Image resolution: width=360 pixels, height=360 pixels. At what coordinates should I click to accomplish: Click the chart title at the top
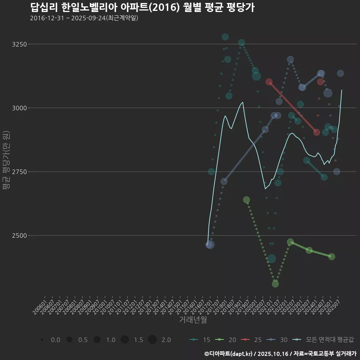click(142, 7)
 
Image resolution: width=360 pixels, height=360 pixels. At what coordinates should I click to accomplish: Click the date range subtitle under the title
click(84, 18)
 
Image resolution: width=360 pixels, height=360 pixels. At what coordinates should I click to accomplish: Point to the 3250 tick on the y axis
click(19, 44)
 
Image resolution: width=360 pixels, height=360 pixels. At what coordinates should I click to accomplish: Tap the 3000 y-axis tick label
click(19, 108)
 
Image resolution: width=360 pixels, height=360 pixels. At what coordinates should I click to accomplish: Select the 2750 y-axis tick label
click(19, 172)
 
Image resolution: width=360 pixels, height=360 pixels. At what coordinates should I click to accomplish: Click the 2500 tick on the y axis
click(19, 235)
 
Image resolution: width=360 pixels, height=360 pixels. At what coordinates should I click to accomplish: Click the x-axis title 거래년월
click(193, 319)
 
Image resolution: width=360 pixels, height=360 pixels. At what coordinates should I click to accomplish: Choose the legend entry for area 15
click(199, 340)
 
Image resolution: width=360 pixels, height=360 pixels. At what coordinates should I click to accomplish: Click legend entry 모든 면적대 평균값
click(324, 340)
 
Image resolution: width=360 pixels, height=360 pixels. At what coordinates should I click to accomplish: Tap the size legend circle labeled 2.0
click(152, 340)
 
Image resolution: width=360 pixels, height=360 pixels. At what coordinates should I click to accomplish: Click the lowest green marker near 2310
click(275, 284)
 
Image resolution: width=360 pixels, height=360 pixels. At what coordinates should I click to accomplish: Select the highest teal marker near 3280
click(225, 37)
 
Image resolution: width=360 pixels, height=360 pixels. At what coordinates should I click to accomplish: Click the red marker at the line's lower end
click(316, 132)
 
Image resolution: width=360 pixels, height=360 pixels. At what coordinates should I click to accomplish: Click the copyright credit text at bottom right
click(280, 354)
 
